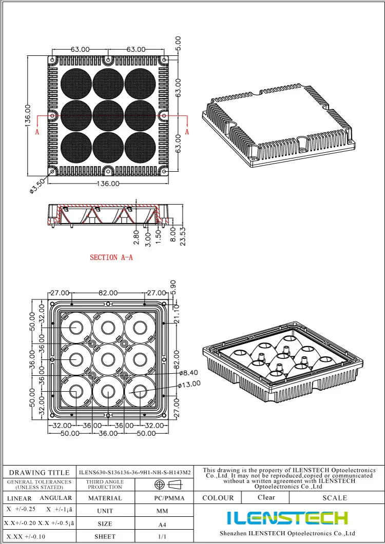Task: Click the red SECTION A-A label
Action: click(111, 257)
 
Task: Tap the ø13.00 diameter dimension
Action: click(189, 384)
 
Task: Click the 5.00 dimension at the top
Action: click(178, 43)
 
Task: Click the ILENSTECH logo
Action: click(287, 518)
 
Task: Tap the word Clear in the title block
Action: click(266, 497)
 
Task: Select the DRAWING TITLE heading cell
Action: click(40, 472)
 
